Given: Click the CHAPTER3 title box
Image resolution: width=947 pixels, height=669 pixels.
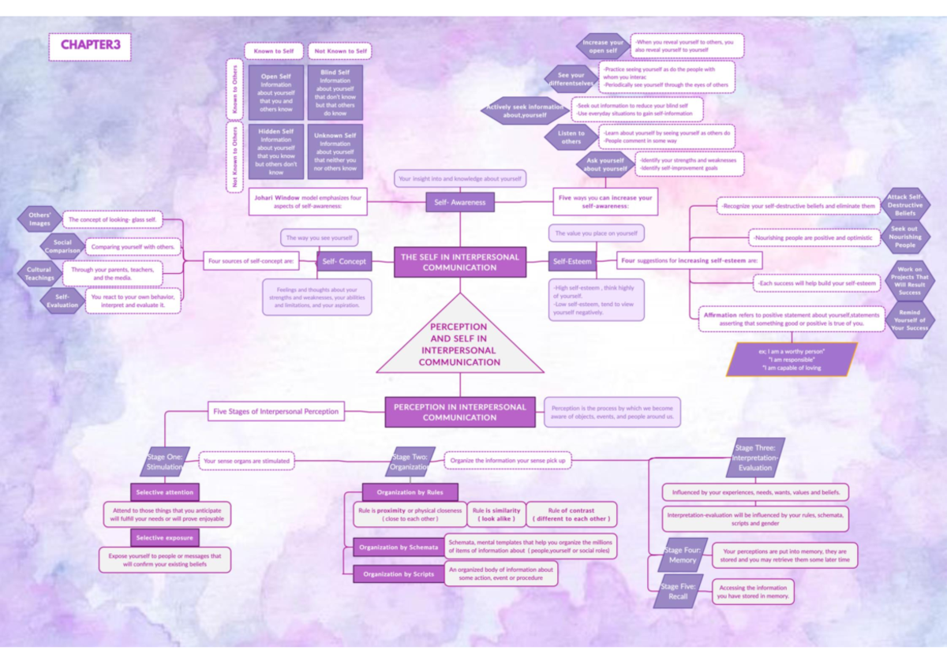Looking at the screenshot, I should tap(90, 46).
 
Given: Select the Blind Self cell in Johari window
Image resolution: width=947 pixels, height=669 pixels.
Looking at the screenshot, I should tap(335, 92).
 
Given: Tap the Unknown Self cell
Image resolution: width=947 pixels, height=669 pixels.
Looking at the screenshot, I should tap(335, 151).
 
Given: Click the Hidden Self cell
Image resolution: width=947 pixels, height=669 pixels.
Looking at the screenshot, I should tap(276, 151).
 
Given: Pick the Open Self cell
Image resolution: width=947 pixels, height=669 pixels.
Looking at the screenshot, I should tap(276, 92).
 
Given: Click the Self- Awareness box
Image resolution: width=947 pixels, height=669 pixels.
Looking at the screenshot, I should tap(460, 202).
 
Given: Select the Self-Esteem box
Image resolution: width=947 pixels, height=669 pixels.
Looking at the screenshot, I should tap(572, 260).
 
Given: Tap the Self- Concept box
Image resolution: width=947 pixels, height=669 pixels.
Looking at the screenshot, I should tap(343, 260).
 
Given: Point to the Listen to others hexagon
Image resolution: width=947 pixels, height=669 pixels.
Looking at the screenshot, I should tap(571, 137).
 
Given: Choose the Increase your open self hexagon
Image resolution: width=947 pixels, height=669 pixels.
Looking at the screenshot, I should tap(603, 47).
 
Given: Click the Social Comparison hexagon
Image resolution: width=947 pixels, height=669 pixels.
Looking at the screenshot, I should tap(62, 247).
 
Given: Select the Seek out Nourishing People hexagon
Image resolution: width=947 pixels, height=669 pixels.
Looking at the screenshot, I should tap(904, 237).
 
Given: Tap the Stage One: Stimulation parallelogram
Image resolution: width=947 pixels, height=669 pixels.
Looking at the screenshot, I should tap(164, 462).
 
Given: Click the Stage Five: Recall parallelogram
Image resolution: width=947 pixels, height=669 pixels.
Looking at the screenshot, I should tap(678, 592).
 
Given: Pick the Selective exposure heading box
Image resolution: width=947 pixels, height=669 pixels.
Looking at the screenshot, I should tap(165, 537).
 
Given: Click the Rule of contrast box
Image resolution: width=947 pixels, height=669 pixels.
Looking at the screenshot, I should tap(571, 514).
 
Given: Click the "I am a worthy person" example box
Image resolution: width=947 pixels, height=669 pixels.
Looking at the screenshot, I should tap(791, 359).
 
